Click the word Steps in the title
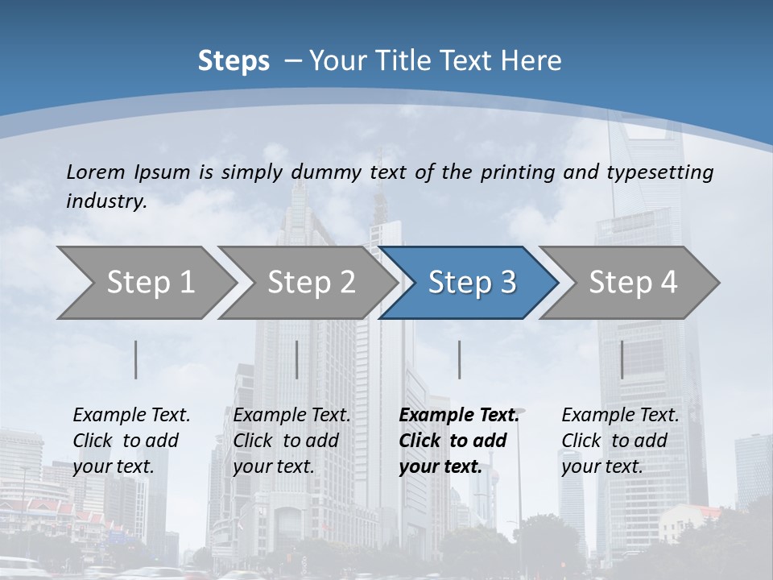(234, 61)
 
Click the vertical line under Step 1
(136, 359)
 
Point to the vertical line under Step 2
(297, 359)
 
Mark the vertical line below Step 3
(460, 359)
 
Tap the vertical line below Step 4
(622, 359)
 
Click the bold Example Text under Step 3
(459, 416)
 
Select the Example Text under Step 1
(131, 416)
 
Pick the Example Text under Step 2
(291, 416)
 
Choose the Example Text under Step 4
(620, 416)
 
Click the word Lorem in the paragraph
(96, 172)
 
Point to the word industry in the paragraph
(105, 201)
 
